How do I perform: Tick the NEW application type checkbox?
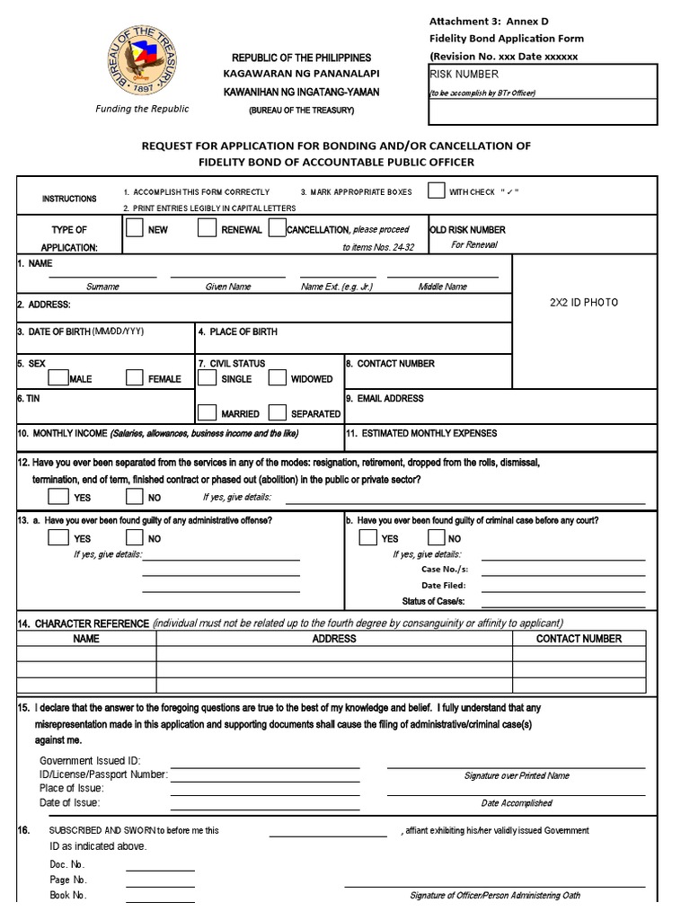pyautogui.click(x=134, y=228)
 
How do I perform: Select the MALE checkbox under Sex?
pyautogui.click(x=57, y=377)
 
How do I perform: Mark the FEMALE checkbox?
pyautogui.click(x=135, y=377)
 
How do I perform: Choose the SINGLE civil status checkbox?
pyautogui.click(x=207, y=377)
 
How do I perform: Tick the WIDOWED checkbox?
pyautogui.click(x=278, y=377)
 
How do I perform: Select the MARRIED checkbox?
pyautogui.click(x=207, y=412)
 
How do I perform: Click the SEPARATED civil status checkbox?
pyautogui.click(x=278, y=412)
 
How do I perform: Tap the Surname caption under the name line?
pyautogui.click(x=102, y=287)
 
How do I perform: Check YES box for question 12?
pyautogui.click(x=57, y=495)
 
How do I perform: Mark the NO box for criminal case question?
pyautogui.click(x=436, y=537)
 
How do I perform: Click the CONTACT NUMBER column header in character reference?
pyautogui.click(x=578, y=639)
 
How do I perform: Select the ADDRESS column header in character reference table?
pyautogui.click(x=334, y=639)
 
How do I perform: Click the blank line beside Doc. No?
pyautogui.click(x=160, y=865)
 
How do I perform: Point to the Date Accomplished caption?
pyautogui.click(x=517, y=803)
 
